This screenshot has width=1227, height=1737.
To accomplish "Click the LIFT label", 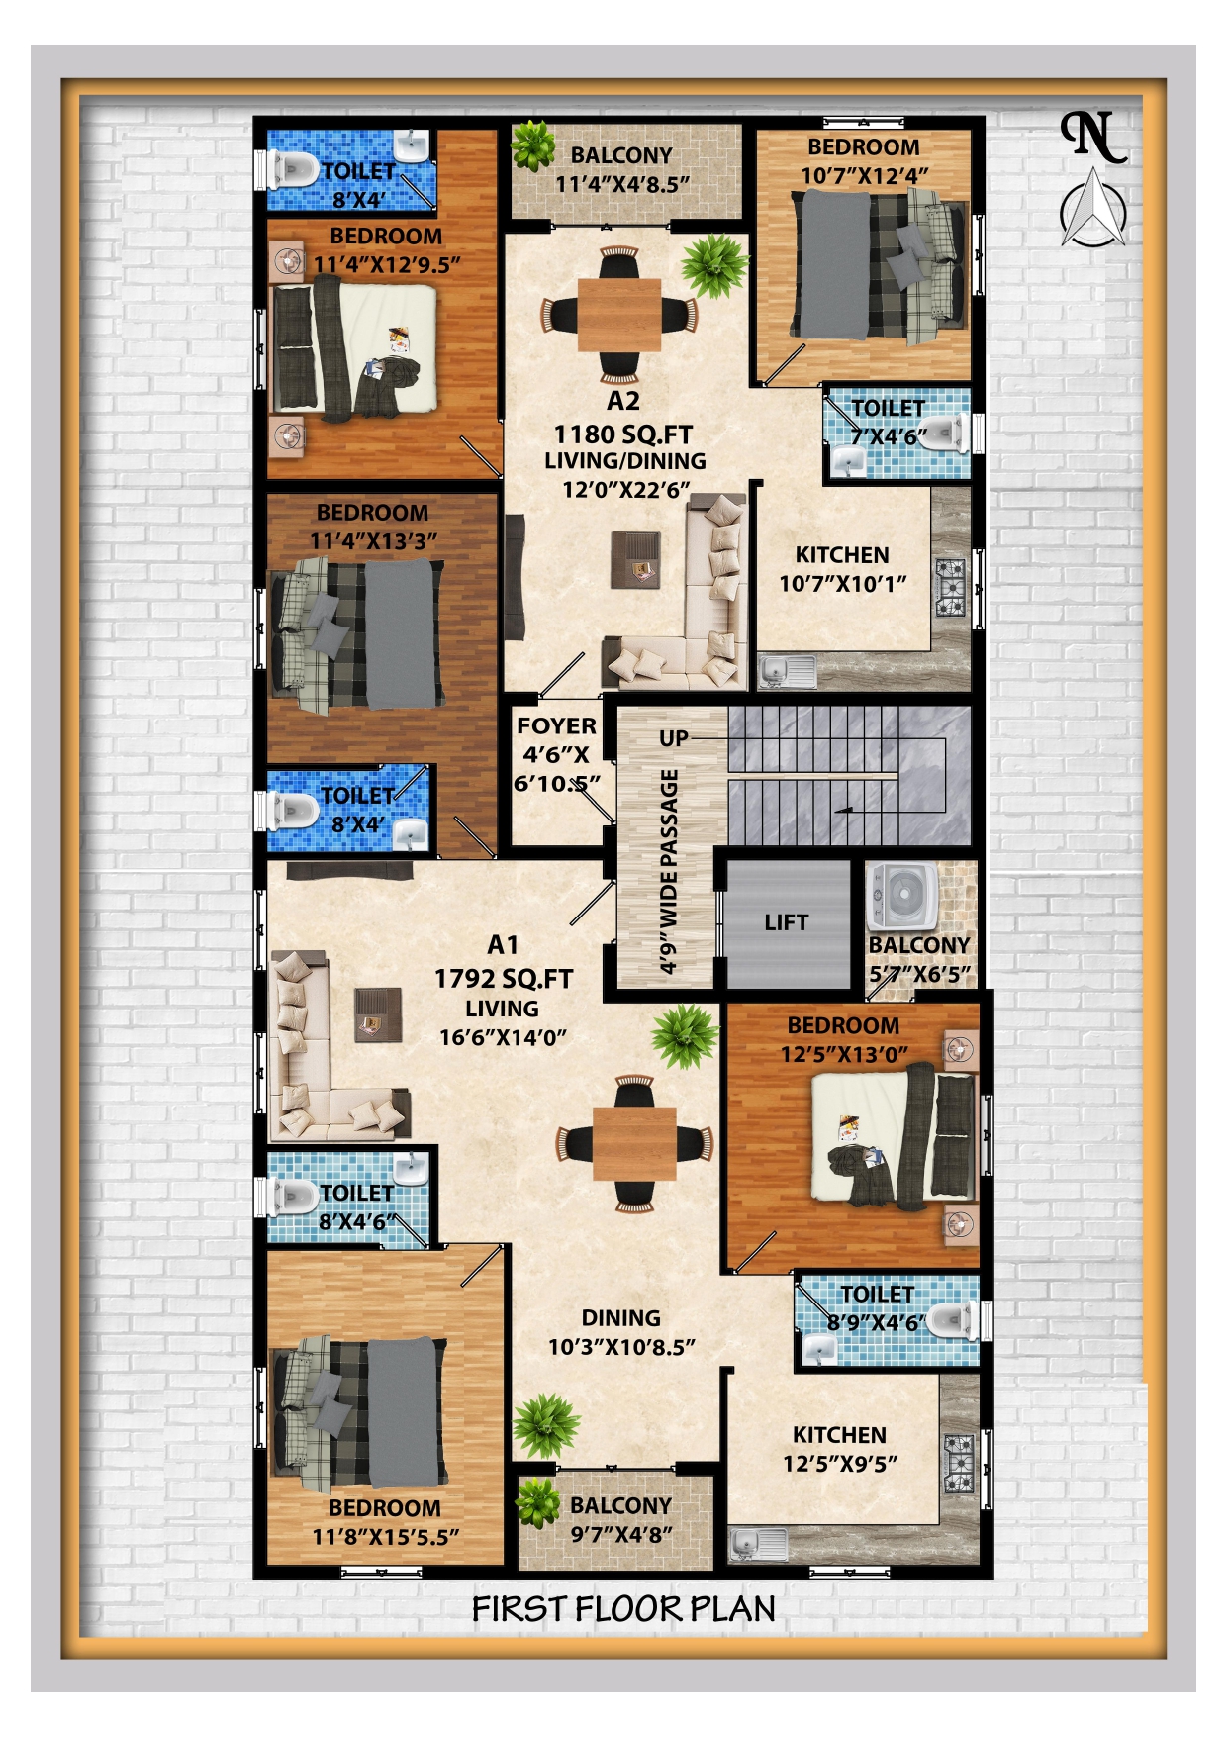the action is [786, 922].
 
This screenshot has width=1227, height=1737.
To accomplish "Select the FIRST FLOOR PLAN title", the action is [623, 1610].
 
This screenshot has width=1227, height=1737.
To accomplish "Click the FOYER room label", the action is [556, 725].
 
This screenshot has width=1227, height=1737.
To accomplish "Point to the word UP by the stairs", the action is [674, 738].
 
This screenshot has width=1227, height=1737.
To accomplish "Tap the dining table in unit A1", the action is [634, 1143].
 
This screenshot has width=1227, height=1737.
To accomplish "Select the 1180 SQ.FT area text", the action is [622, 434].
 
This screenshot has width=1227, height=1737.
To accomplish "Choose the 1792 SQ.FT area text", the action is [504, 979].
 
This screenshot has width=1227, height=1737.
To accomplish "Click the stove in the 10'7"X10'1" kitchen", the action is [952, 585].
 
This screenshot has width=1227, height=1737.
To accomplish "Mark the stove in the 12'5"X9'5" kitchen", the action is [959, 1462].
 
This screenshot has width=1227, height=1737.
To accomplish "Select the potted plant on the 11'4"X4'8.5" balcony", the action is [534, 145].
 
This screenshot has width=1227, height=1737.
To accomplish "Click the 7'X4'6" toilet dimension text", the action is [890, 436].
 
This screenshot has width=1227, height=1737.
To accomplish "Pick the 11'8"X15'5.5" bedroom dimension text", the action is [386, 1537].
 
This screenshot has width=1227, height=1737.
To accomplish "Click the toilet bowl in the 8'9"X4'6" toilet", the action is [946, 1317].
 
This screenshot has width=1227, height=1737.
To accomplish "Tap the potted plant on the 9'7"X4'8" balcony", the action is [538, 1502].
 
